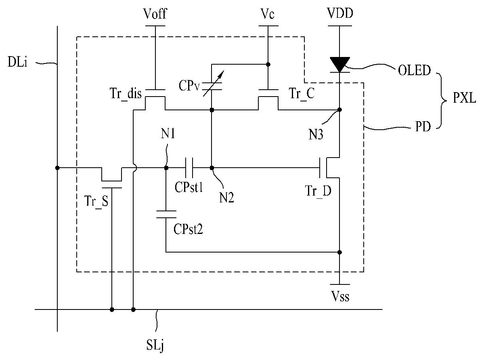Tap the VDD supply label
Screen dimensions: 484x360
[340, 13]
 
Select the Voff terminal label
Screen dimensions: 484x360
[155, 14]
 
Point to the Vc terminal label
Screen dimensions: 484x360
[267, 14]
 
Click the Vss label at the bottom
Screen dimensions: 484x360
[340, 296]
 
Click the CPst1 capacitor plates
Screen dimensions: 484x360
[189, 168]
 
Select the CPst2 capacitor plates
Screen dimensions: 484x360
[166, 214]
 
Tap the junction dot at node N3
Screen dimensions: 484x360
[339, 110]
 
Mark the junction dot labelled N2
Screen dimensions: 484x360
[212, 168]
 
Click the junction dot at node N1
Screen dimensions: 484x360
[166, 168]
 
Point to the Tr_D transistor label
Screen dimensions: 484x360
[318, 191]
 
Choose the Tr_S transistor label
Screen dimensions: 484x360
[96, 201]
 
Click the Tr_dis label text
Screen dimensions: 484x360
[126, 93]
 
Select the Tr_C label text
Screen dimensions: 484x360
[302, 93]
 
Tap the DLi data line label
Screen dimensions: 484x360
[17, 62]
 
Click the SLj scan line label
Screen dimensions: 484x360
[155, 345]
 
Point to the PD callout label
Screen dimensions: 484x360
[423, 126]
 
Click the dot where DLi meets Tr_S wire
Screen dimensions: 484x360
[57, 168]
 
